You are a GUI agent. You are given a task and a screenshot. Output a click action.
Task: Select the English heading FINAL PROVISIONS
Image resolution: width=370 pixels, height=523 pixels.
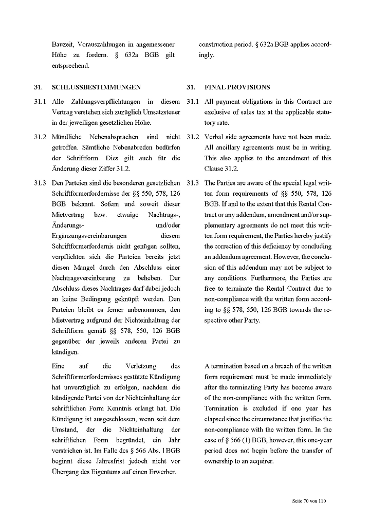pyautogui.click(x=237, y=87)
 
